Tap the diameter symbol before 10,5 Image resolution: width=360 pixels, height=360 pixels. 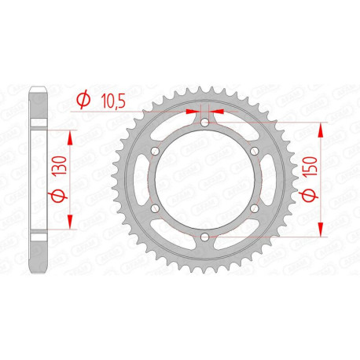coord(82,100)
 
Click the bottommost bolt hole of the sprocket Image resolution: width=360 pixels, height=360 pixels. coord(204,237)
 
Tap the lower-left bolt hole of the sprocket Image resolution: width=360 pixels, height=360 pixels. coord(154,208)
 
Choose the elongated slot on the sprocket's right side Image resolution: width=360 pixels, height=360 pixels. coord(270,179)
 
